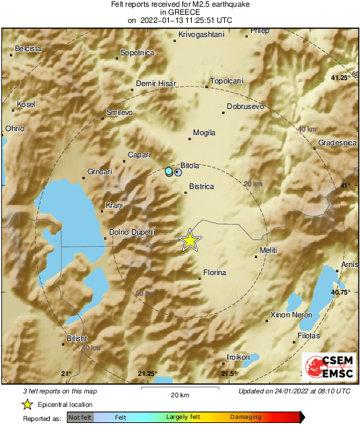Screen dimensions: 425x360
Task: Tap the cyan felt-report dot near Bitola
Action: click(x=169, y=172)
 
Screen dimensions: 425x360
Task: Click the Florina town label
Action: click(x=212, y=272)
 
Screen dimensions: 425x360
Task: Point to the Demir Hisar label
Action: click(x=155, y=83)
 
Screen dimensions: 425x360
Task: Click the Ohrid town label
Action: click(x=14, y=128)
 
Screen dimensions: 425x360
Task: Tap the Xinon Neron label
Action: click(x=289, y=315)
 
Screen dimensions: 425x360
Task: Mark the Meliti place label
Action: click(x=268, y=250)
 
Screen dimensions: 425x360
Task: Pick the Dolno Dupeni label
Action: click(x=132, y=233)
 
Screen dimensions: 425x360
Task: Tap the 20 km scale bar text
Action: click(x=180, y=395)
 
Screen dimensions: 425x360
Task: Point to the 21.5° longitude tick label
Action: click(x=230, y=374)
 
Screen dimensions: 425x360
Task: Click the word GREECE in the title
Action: click(x=180, y=12)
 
